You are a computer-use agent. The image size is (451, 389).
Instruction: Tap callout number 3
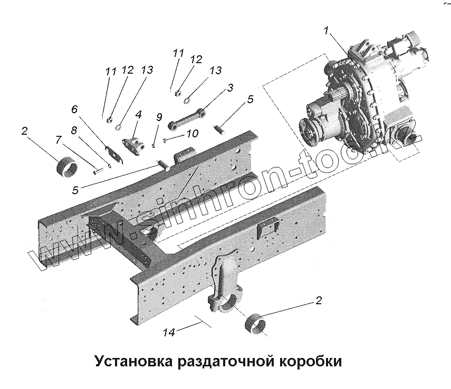(x=231, y=88)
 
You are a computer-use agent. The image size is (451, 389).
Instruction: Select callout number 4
(x=139, y=114)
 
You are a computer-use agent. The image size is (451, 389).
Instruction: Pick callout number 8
(x=74, y=129)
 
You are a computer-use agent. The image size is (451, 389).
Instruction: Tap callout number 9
(x=158, y=117)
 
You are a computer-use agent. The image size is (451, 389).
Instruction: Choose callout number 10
(x=193, y=134)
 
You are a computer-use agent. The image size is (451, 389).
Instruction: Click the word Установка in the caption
(x=135, y=363)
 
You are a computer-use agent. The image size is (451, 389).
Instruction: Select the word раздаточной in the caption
(x=224, y=363)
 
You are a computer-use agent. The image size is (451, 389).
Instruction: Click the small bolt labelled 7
(x=98, y=169)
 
